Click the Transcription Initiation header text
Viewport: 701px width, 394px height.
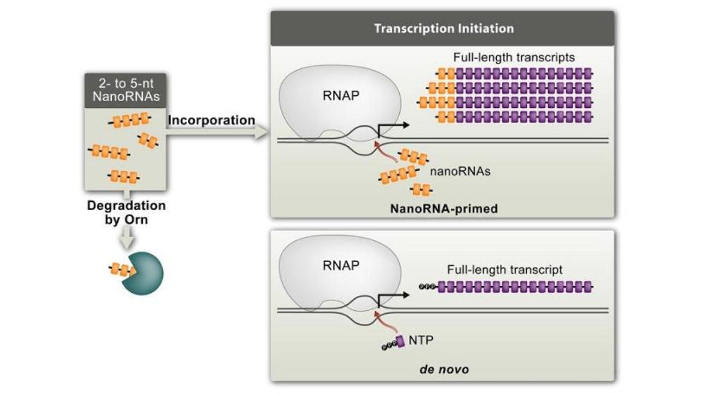444,28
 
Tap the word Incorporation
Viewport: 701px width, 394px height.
211,120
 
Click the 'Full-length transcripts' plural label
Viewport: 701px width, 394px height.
513,57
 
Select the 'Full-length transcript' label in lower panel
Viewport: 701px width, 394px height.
505,269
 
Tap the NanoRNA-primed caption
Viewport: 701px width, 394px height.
444,208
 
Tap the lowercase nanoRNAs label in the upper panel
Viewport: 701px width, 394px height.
459,171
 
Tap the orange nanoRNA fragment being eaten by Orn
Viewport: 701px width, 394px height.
122,269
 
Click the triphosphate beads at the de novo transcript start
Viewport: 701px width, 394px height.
426,286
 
